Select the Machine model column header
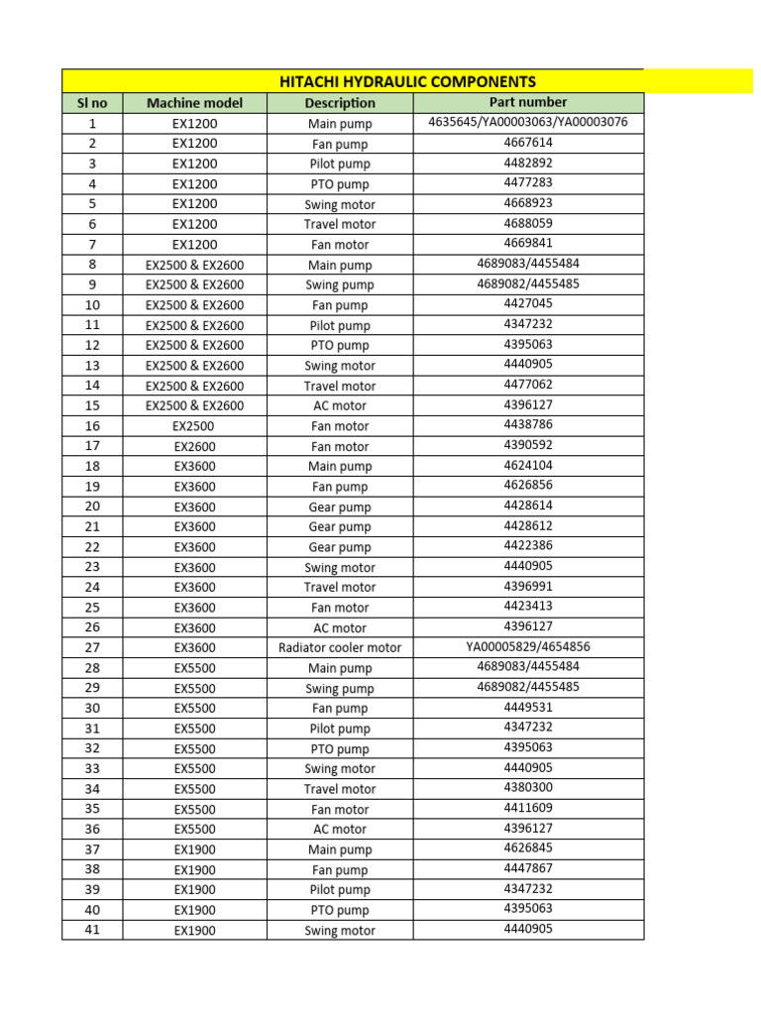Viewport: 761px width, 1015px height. (x=194, y=103)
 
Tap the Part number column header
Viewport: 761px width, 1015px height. (x=528, y=102)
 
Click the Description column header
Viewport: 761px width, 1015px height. (x=340, y=103)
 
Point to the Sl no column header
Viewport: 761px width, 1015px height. (x=92, y=103)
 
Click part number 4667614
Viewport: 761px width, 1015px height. (x=528, y=143)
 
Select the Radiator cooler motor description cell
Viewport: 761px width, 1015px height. (x=340, y=648)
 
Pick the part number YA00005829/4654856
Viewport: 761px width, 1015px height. (x=528, y=647)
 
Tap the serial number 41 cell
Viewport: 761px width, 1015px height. (x=92, y=930)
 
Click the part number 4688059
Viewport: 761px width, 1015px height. (x=528, y=224)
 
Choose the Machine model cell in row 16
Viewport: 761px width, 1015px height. (x=194, y=426)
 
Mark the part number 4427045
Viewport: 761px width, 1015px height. (x=528, y=304)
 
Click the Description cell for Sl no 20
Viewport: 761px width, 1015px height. (x=340, y=507)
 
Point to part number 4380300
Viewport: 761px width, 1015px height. (x=528, y=788)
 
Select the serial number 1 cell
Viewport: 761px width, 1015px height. (x=92, y=124)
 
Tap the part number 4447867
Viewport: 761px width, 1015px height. (x=528, y=869)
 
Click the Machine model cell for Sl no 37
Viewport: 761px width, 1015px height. (x=194, y=849)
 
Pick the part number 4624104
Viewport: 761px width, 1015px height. (x=528, y=466)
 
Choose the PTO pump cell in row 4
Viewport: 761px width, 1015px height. (x=340, y=184)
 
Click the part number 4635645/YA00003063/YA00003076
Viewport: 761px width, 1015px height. (x=528, y=123)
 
